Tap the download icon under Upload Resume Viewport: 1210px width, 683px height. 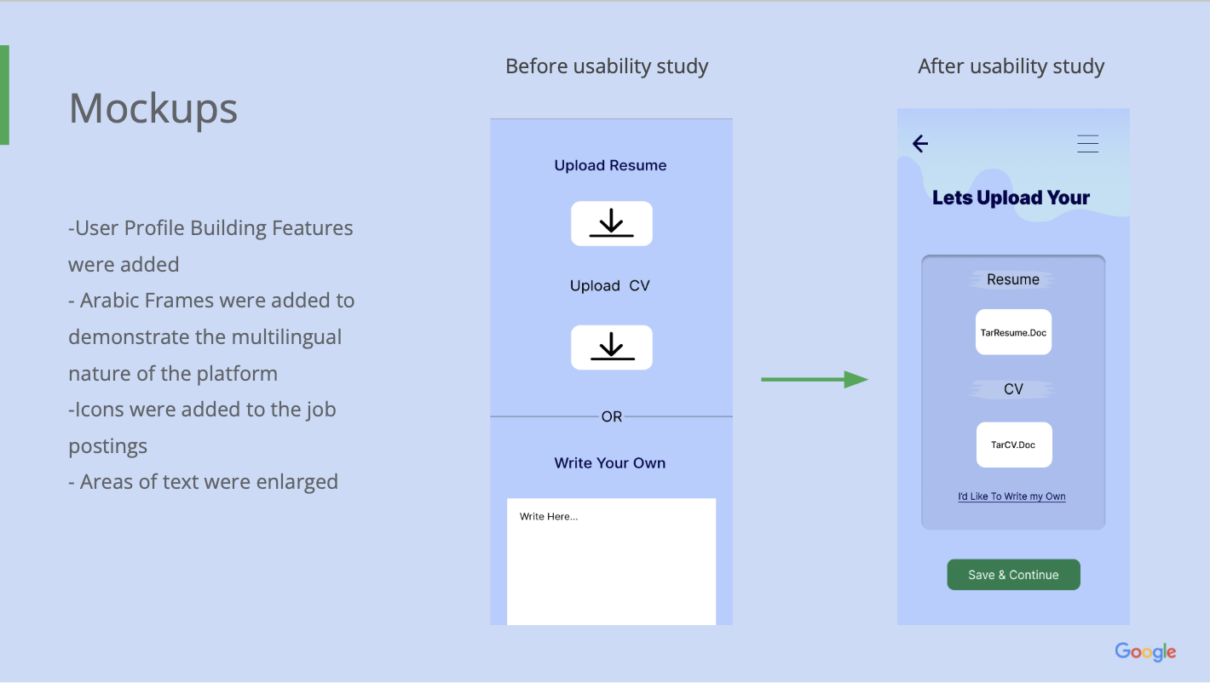[x=612, y=223]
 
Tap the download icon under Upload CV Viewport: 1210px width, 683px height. [x=612, y=347]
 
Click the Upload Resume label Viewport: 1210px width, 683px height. [x=610, y=165]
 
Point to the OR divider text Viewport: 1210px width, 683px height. [x=612, y=416]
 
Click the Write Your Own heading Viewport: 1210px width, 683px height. [x=610, y=463]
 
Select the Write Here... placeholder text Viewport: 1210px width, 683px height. [x=549, y=517]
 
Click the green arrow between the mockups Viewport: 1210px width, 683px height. [x=815, y=380]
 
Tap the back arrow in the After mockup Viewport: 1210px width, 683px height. [x=920, y=144]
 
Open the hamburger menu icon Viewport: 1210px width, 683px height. [x=1088, y=144]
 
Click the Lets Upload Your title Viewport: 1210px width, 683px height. [x=1011, y=198]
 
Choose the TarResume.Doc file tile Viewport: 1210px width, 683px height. [x=1013, y=332]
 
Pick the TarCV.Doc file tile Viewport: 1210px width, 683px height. [x=1014, y=445]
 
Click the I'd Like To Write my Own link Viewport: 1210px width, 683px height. [x=1011, y=496]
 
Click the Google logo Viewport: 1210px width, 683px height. [x=1146, y=652]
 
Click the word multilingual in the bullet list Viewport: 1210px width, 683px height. [x=286, y=337]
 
